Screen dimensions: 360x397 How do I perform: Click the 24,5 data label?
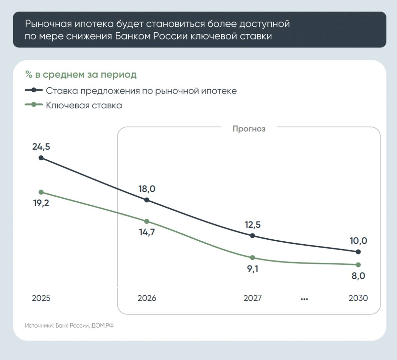click(41, 146)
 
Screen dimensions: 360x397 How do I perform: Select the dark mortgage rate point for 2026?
click(147, 200)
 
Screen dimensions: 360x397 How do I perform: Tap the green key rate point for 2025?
click(41, 192)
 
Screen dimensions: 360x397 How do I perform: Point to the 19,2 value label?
click(41, 203)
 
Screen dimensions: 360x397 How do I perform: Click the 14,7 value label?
click(147, 232)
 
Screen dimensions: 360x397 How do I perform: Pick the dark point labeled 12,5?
click(252, 236)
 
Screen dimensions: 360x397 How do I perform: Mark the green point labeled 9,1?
click(252, 258)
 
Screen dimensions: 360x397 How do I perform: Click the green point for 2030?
click(358, 265)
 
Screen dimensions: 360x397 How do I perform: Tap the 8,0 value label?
click(358, 276)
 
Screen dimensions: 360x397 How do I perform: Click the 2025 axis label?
click(41, 298)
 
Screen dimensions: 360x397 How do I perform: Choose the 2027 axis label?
click(252, 298)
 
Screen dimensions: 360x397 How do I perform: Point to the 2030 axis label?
click(358, 298)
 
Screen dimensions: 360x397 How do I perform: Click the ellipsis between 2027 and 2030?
click(304, 299)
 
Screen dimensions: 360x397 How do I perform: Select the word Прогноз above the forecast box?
click(249, 129)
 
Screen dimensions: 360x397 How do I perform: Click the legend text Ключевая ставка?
click(84, 105)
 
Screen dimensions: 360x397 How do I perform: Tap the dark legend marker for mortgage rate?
click(33, 90)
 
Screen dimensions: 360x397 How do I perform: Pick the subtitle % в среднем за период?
click(81, 75)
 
